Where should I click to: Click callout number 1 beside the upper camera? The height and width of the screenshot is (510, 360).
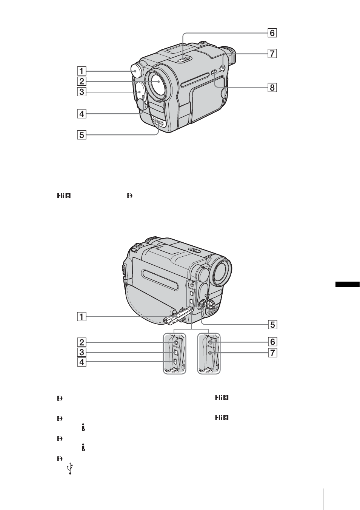82,71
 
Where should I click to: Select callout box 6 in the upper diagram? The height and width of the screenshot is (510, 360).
272,33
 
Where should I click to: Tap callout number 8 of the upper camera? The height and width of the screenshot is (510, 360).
272,88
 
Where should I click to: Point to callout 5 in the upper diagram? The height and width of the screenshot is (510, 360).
82,135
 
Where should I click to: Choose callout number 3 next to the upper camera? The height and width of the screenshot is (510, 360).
82,92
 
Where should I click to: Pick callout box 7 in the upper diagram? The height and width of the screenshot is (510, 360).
272,54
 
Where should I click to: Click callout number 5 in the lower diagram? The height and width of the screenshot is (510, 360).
272,324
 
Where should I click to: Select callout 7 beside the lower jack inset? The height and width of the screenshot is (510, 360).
272,353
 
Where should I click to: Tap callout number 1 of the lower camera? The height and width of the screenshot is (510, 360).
82,316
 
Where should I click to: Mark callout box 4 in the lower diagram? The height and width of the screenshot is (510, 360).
82,362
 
